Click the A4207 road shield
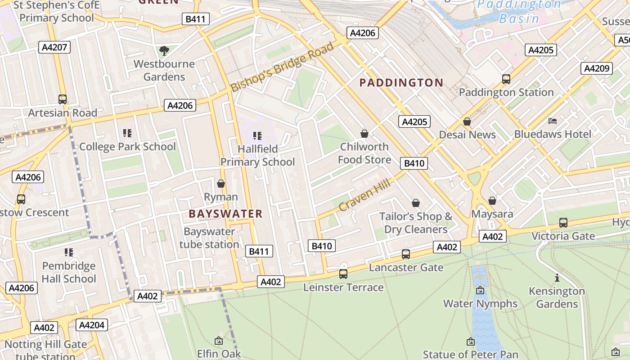click(54, 47)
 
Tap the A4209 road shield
click(597, 68)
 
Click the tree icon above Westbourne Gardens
click(164, 51)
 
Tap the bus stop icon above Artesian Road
click(63, 99)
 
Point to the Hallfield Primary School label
click(257, 155)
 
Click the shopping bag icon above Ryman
click(221, 184)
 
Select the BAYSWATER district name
click(225, 214)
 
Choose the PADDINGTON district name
click(401, 83)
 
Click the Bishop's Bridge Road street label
click(283, 67)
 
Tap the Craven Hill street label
click(365, 194)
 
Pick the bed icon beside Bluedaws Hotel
click(553, 121)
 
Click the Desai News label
click(467, 135)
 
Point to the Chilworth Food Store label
click(364, 153)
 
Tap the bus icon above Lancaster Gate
click(406, 254)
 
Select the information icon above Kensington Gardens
click(557, 278)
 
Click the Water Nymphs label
click(480, 304)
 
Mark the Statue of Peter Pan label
click(471, 355)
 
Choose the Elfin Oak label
click(219, 354)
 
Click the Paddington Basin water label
click(520, 12)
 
